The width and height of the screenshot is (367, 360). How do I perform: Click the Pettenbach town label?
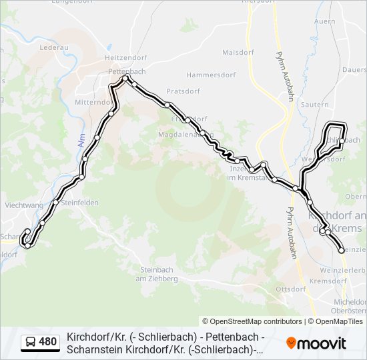pyautogui.click(x=127, y=71)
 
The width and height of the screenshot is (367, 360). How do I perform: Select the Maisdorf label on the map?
pyautogui.click(x=238, y=52)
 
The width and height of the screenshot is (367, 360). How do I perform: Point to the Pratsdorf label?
pyautogui.click(x=183, y=91)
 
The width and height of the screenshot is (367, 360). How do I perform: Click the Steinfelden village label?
pyautogui.click(x=80, y=203)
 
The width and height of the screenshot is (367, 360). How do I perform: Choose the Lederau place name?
pyautogui.click(x=54, y=48)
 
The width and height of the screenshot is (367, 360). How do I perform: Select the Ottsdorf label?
pyautogui.click(x=290, y=289)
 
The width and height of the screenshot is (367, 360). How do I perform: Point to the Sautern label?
pyautogui.click(x=315, y=105)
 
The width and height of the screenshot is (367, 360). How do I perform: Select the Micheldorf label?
pyautogui.click(x=350, y=302)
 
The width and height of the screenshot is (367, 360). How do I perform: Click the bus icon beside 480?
pyautogui.click(x=31, y=343)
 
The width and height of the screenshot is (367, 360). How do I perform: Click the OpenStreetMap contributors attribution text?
pyautogui.click(x=252, y=321)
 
